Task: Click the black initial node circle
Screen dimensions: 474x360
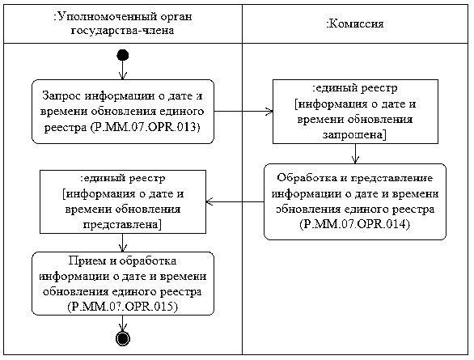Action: (x=123, y=55)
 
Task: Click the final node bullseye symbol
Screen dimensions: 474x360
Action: (x=123, y=338)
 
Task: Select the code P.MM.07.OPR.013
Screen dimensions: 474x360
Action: (x=145, y=127)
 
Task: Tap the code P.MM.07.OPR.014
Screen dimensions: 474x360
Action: (x=355, y=224)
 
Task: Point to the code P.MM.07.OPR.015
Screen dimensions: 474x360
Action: (x=123, y=307)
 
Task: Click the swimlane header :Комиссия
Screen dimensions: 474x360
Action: (x=356, y=23)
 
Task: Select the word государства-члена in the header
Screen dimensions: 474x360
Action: (x=122, y=31)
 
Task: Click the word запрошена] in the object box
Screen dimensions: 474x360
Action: (x=354, y=134)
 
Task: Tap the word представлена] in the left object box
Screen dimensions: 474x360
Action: (x=122, y=225)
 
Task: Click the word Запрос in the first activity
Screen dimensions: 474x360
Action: (x=61, y=95)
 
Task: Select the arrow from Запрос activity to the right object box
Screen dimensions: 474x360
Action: (x=243, y=111)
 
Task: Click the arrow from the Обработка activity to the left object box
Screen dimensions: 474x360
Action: (x=235, y=201)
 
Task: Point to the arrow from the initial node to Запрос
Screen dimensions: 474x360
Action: (x=123, y=70)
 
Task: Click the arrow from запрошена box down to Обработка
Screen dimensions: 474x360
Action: (x=356, y=154)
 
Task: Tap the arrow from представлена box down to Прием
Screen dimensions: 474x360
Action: (x=123, y=243)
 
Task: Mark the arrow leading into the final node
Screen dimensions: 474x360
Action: (x=123, y=324)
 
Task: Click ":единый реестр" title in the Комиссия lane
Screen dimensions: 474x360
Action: (x=355, y=88)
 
